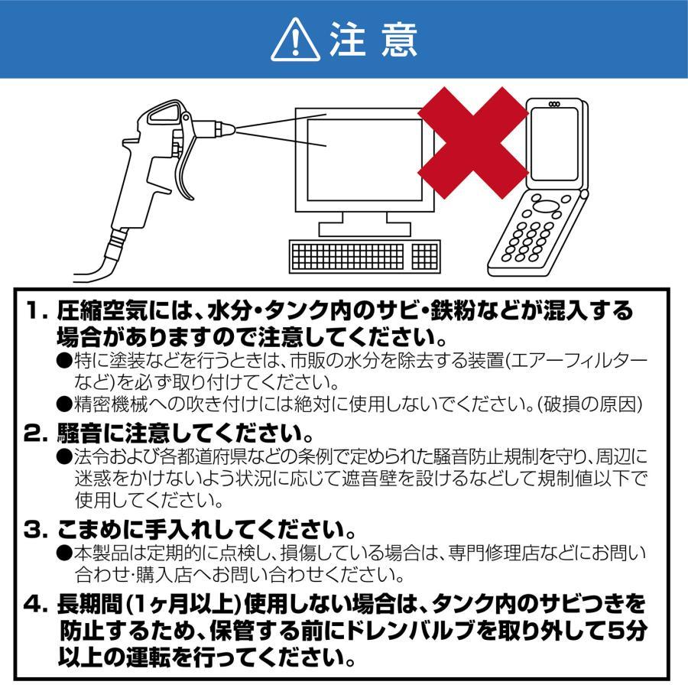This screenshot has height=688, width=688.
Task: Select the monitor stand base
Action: coord(364,226)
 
